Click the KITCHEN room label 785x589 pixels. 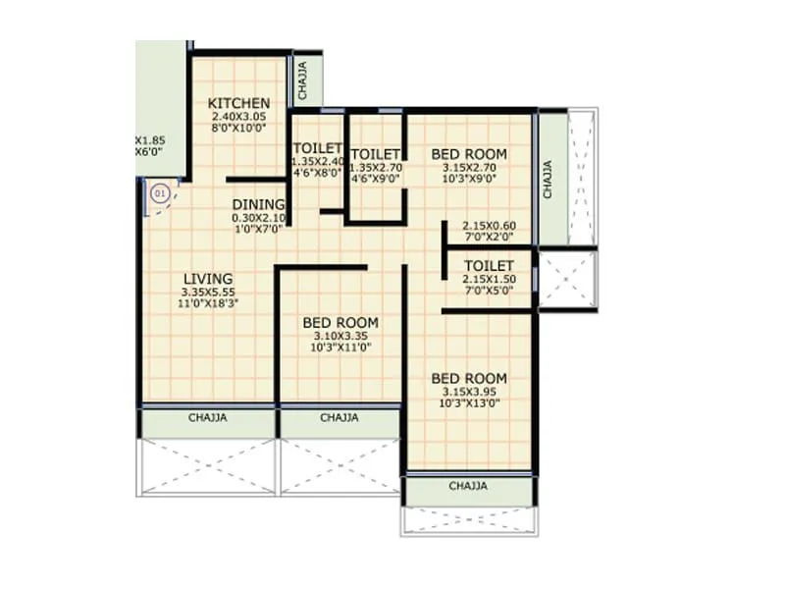pyautogui.click(x=238, y=103)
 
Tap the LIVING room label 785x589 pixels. pyautogui.click(x=207, y=279)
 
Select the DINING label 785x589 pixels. pyautogui.click(x=258, y=204)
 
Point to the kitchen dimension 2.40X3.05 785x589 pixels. pyautogui.click(x=238, y=117)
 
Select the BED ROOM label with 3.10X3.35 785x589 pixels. pyautogui.click(x=340, y=322)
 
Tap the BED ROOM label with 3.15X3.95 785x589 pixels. pyautogui.click(x=469, y=379)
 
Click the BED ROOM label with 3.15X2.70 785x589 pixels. pyautogui.click(x=469, y=154)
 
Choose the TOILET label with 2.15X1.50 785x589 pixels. pyautogui.click(x=489, y=266)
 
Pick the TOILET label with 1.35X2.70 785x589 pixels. pyautogui.click(x=375, y=154)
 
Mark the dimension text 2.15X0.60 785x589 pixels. pyautogui.click(x=489, y=225)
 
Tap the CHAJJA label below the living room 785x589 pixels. pyautogui.click(x=207, y=417)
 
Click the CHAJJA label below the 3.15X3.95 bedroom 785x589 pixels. pyautogui.click(x=469, y=486)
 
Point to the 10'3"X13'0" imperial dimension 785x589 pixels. pyautogui.click(x=469, y=402)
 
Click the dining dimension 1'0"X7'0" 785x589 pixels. pyautogui.click(x=257, y=229)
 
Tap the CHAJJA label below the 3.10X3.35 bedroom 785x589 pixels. pyautogui.click(x=340, y=417)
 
